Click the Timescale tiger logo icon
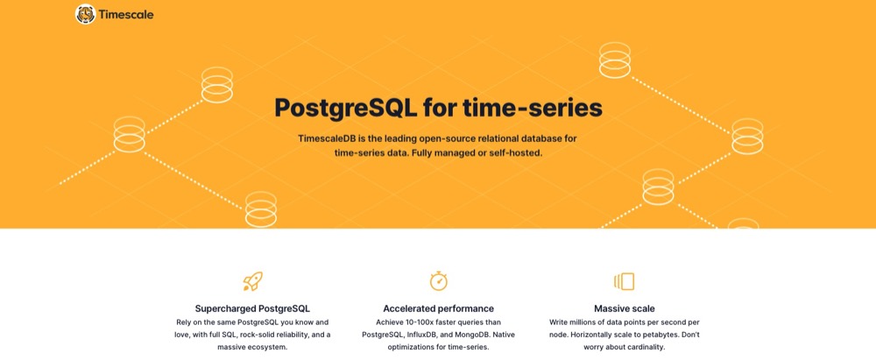coord(86,14)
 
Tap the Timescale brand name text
coord(126,15)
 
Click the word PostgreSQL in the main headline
coord(346,109)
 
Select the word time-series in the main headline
coord(533,108)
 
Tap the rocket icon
coord(252,281)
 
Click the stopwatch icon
coord(439,280)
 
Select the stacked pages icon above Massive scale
coord(624,281)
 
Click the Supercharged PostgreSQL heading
coord(252,308)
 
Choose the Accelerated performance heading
coord(439,308)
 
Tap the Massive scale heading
coord(625,308)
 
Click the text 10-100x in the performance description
coord(425,322)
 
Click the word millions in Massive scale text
coord(584,322)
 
